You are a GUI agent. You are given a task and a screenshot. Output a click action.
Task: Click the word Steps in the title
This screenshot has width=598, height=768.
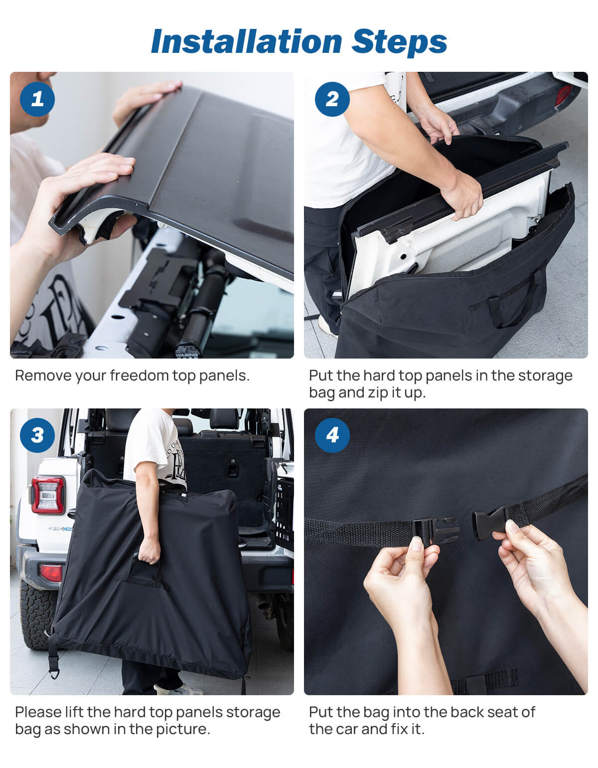(399, 41)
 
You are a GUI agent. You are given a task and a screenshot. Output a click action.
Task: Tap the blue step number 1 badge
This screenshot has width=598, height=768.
(37, 99)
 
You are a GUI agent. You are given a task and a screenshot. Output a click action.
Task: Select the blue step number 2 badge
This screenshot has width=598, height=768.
(332, 99)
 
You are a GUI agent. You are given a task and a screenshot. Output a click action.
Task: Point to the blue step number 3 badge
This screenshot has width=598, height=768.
(37, 435)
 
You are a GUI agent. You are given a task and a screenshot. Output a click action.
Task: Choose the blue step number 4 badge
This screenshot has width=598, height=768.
(332, 435)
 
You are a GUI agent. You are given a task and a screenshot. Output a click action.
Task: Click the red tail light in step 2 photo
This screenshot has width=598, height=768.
(563, 95)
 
